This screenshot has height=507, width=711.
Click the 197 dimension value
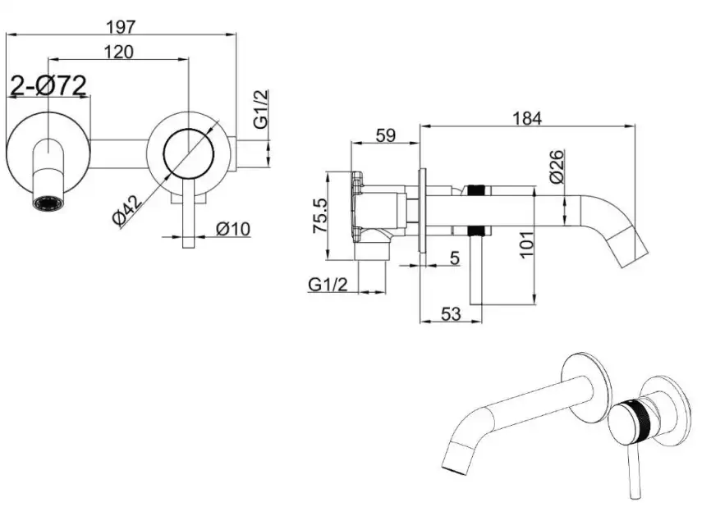coord(121,25)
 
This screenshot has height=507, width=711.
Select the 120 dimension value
coord(119,52)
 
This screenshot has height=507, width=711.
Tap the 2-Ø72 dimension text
coord(48,86)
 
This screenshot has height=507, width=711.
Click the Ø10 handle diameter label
coord(232,230)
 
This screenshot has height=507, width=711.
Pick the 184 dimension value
coord(525,118)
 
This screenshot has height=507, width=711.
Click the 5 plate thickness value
coord(453,257)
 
